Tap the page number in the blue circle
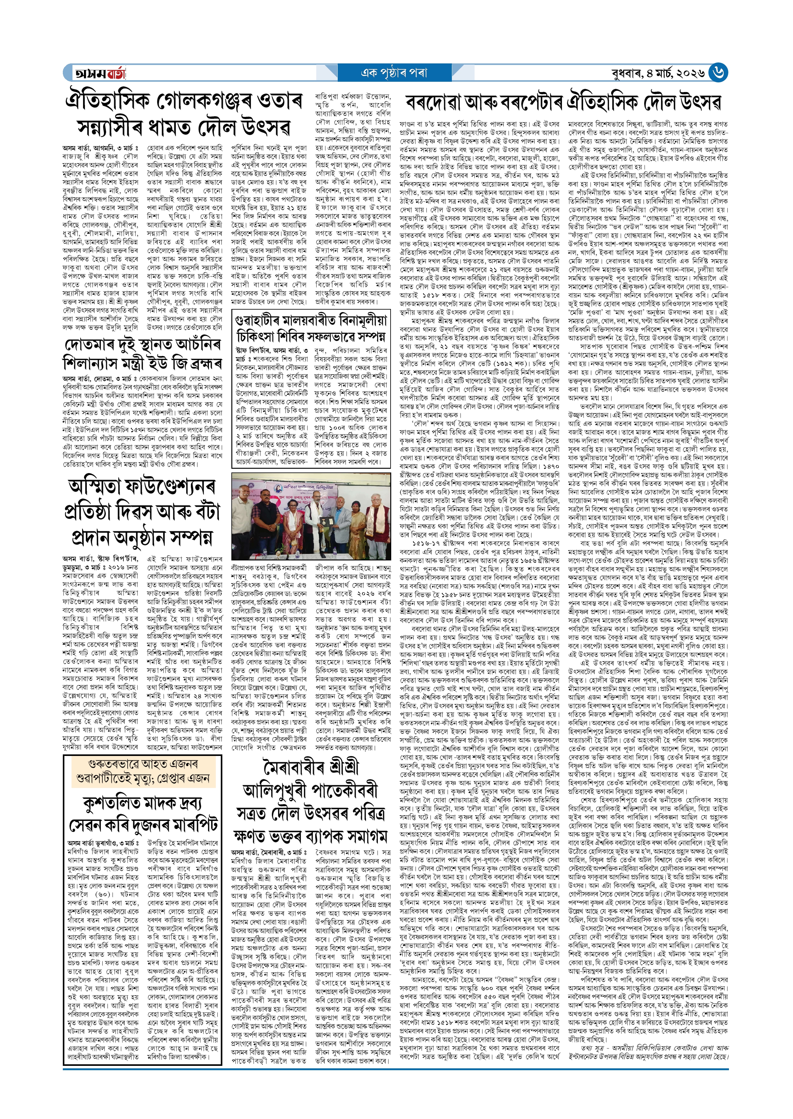718,73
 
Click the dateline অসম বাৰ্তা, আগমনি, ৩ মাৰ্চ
100,147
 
